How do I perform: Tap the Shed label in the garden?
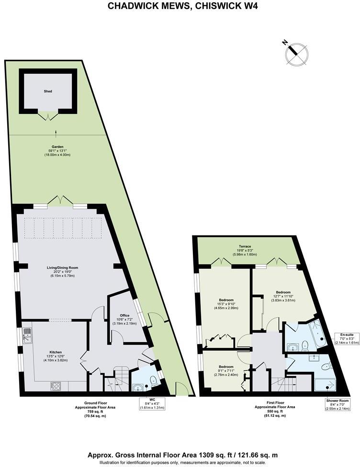(47, 91)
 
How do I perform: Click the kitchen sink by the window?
(28, 335)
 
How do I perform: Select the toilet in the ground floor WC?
(154, 381)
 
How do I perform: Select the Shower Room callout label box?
(337, 404)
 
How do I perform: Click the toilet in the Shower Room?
(326, 367)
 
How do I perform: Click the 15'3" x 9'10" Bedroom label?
(225, 304)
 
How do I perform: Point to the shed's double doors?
(48, 115)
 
